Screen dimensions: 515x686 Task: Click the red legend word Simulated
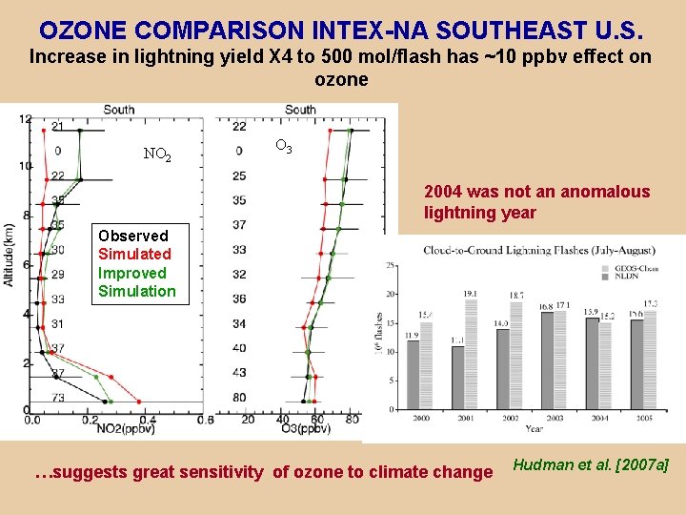tap(134, 254)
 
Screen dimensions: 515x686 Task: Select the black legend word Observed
tap(132, 236)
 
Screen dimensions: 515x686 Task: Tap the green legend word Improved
tap(131, 273)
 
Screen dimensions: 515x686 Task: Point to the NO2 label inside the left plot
tap(157, 154)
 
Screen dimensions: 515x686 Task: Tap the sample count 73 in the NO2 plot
tap(58, 397)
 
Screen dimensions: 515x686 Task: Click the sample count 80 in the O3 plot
tap(238, 397)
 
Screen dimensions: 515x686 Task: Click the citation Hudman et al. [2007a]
tap(591, 464)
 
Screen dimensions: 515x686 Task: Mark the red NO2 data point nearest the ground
tap(140, 402)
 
